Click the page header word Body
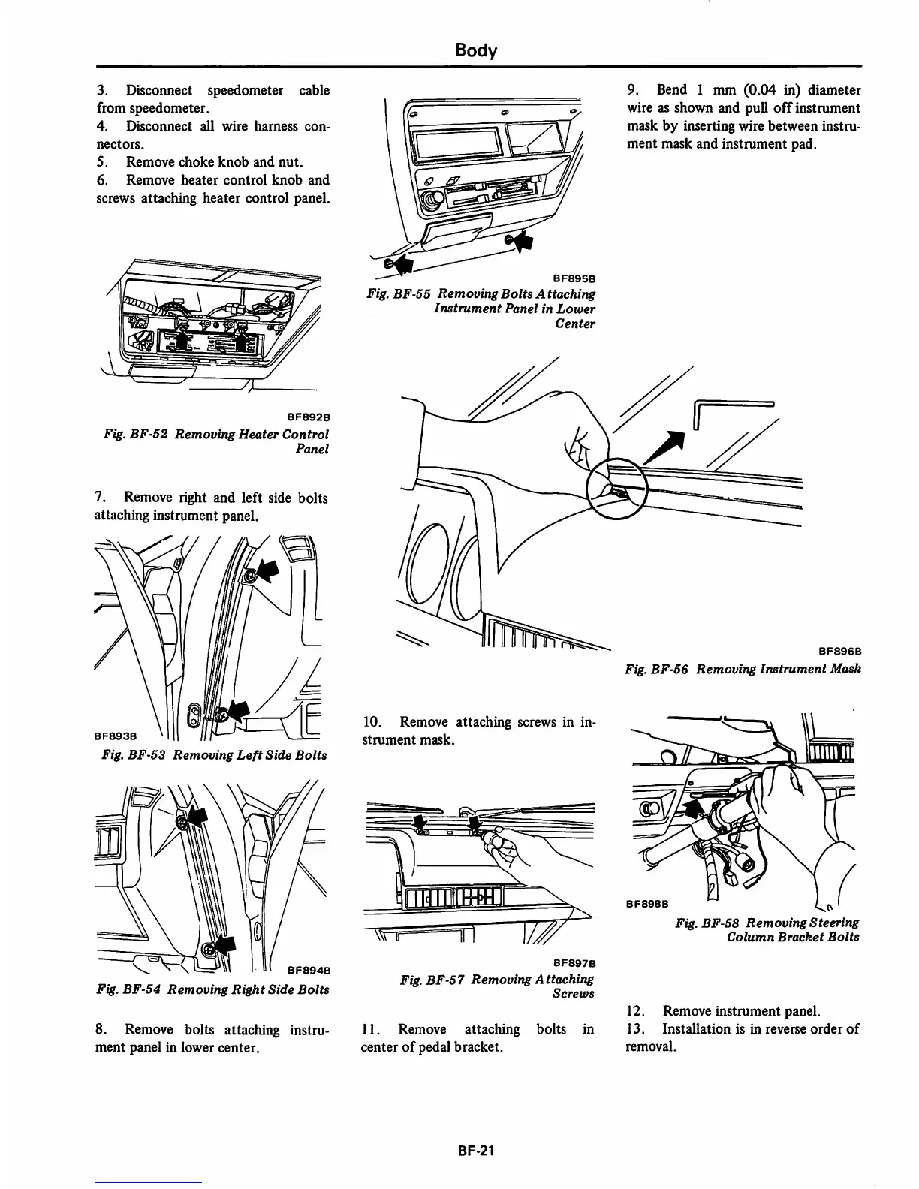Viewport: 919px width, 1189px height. tap(476, 50)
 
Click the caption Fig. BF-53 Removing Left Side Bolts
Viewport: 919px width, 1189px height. tap(214, 754)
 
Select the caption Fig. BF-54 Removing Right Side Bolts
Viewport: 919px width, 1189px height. tap(213, 989)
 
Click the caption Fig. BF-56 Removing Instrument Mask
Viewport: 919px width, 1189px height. tap(742, 668)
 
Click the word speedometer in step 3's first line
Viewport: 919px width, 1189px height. tap(245, 90)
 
